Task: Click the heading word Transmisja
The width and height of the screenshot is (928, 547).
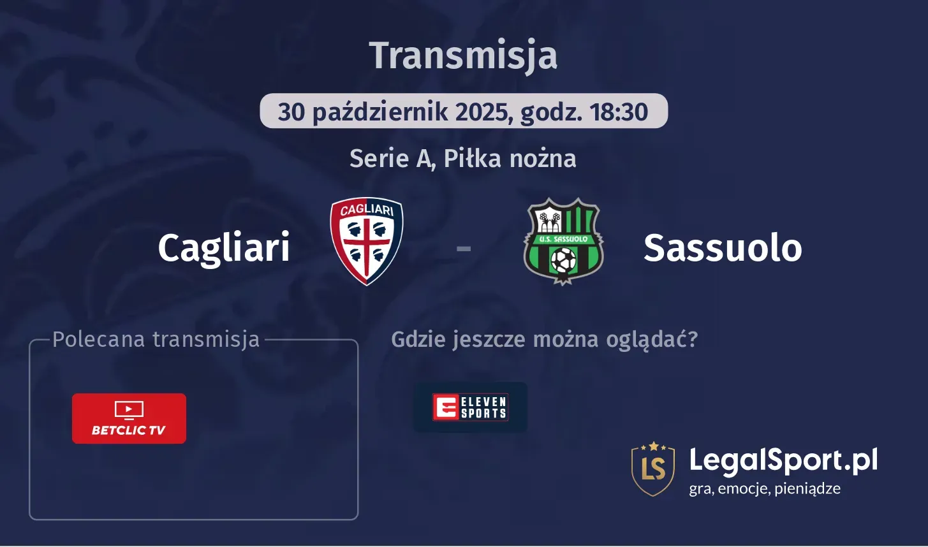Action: click(463, 56)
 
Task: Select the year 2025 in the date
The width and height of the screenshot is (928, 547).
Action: click(482, 112)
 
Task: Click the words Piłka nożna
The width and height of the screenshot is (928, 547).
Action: click(510, 158)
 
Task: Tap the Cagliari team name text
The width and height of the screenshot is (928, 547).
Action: click(224, 247)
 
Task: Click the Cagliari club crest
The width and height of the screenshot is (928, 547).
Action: click(367, 241)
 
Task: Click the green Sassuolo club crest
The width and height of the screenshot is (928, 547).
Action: click(563, 241)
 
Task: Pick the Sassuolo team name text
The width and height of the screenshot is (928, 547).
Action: click(723, 247)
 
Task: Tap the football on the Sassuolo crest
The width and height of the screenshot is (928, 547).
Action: click(563, 260)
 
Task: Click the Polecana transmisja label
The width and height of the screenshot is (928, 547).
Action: click(156, 339)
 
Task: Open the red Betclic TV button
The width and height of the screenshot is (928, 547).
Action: click(129, 418)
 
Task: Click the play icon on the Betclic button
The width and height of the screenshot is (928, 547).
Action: click(129, 409)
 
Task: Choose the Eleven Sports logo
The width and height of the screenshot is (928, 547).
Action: click(471, 407)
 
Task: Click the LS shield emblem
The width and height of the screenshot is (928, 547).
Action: click(653, 469)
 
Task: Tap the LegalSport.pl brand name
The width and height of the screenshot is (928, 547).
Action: click(783, 460)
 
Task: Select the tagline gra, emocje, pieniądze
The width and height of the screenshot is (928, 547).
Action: click(765, 489)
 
